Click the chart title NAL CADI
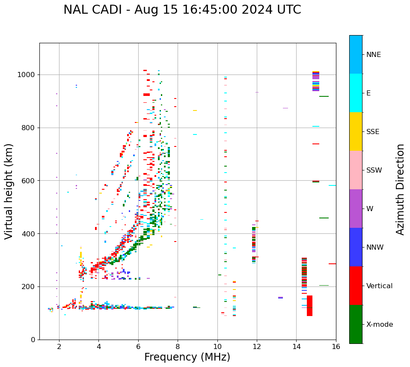coord(182,10)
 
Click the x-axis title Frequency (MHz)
coord(187,357)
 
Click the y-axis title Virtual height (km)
coord(9,191)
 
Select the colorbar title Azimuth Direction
coord(400,189)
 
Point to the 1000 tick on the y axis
coord(28,75)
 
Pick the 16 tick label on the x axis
coord(336,346)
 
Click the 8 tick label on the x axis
coord(178,346)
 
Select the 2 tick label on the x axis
coord(59,346)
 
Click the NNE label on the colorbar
coord(373,55)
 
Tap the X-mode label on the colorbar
coord(379,325)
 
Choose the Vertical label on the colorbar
coord(379,286)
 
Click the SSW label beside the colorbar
coord(374,170)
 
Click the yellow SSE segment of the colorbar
coord(356,131)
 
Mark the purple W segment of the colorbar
coord(356,209)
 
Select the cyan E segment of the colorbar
coord(356,93)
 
